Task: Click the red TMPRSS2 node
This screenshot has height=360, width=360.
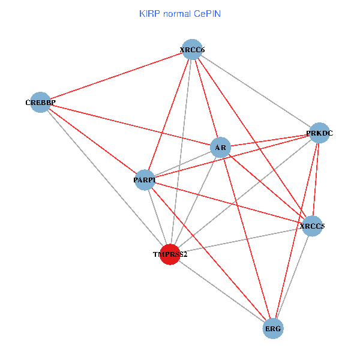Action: (x=170, y=254)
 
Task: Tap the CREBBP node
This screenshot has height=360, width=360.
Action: (x=40, y=102)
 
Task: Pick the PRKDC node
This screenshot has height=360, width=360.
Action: (x=319, y=133)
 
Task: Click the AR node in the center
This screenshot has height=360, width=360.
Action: (x=220, y=147)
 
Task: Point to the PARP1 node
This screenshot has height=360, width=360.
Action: (x=145, y=179)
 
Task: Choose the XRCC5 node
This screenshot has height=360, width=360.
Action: (x=312, y=226)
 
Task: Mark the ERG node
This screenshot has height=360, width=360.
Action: (x=274, y=328)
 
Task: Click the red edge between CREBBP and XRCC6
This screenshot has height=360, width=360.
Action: (x=116, y=76)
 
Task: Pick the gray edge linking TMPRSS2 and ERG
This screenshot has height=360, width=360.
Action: (x=222, y=291)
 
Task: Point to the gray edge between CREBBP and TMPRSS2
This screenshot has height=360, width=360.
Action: (x=105, y=178)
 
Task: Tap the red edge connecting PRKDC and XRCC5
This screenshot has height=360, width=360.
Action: (x=316, y=180)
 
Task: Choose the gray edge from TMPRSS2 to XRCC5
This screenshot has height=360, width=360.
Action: (x=241, y=240)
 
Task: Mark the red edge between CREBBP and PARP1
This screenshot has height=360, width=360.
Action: (x=92, y=140)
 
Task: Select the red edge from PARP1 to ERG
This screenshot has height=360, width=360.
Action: (x=209, y=254)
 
